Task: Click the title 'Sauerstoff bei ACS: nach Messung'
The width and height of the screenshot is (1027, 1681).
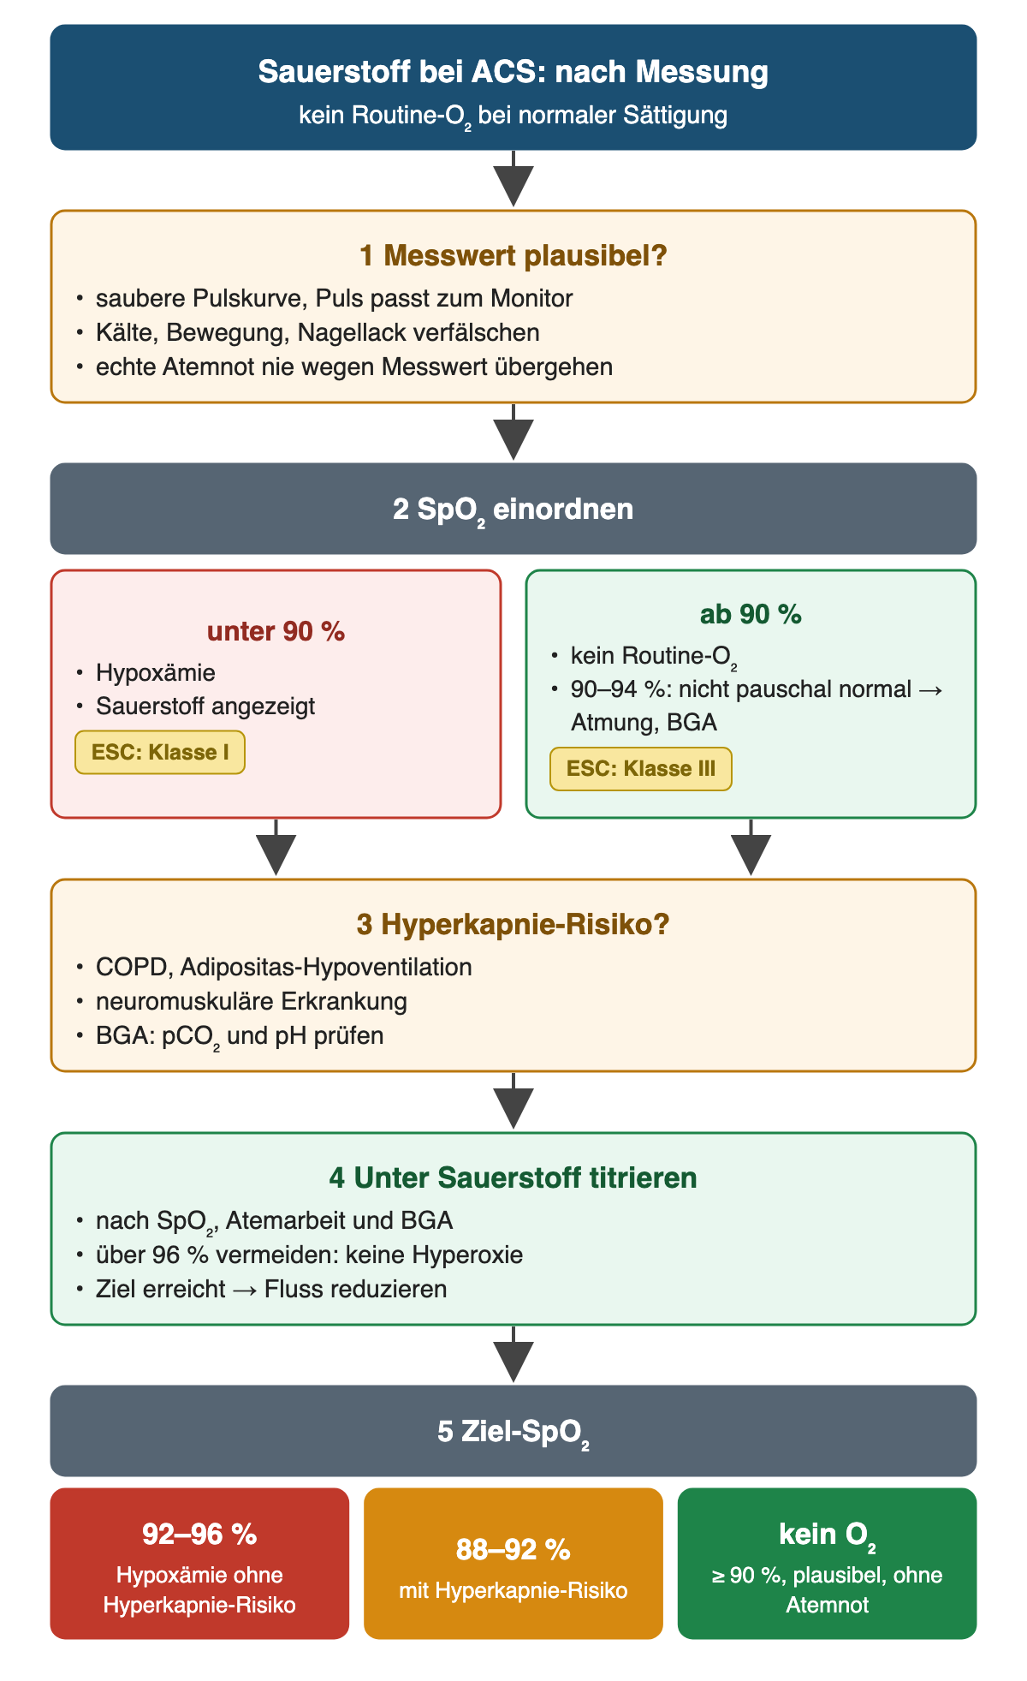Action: point(513,72)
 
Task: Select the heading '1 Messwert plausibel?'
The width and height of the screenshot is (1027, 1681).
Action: point(513,255)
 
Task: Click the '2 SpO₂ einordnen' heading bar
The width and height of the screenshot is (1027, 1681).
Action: point(513,509)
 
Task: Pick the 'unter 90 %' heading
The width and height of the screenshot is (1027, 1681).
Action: point(276,631)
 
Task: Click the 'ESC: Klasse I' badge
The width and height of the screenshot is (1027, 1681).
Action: point(160,753)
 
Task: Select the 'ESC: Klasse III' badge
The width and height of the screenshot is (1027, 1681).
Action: point(641,768)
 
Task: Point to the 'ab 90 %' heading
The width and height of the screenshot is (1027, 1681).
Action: point(751,615)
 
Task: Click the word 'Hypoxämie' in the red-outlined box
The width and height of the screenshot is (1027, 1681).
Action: point(156,673)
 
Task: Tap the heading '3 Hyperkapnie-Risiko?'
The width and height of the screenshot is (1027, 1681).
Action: point(513,925)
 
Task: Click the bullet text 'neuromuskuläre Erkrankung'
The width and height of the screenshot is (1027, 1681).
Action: point(252,1001)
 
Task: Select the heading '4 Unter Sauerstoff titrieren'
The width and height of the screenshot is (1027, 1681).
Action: point(513,1177)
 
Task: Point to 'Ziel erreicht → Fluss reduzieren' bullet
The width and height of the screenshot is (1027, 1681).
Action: point(271,1289)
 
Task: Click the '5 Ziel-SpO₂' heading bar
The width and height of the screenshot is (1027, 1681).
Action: point(513,1431)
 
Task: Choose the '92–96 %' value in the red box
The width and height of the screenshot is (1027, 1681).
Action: point(199,1534)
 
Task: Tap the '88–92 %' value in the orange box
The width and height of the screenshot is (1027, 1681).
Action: point(513,1549)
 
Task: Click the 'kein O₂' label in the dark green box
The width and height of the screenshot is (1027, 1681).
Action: point(827,1535)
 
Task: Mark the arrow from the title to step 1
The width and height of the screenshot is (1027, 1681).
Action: point(513,179)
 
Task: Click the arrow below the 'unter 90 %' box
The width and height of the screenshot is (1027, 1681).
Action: point(276,847)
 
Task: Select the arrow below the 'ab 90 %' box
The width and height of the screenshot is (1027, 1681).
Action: point(751,847)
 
